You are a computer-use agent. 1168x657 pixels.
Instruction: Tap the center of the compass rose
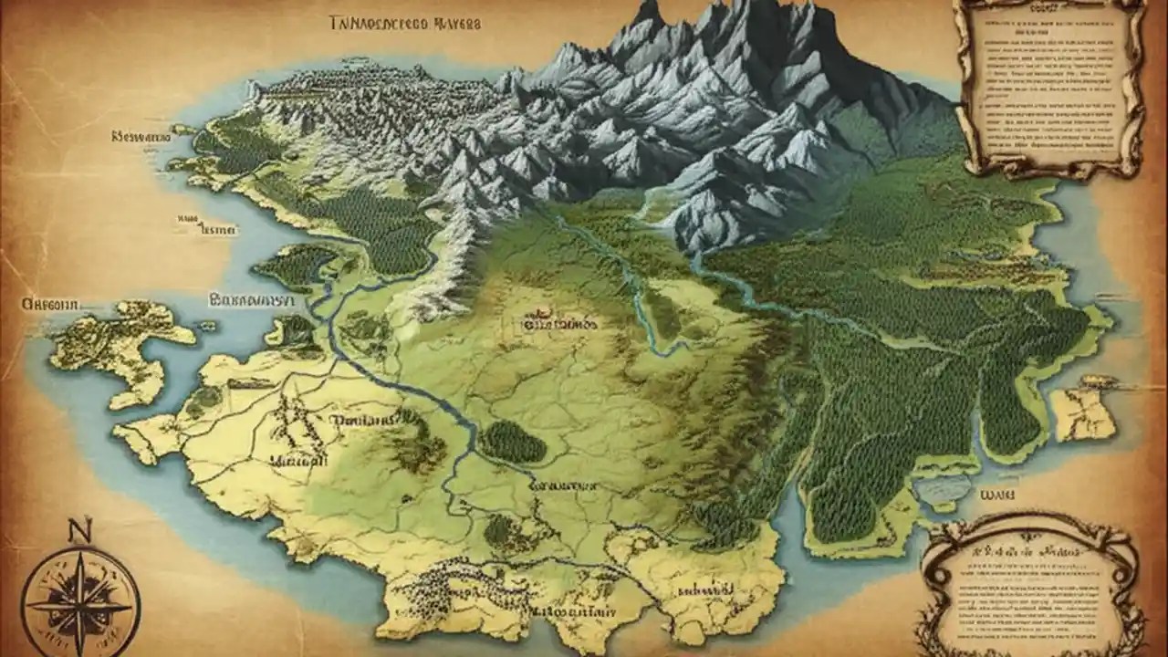tap(80, 602)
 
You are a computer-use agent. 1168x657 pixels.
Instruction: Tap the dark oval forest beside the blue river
tap(512, 441)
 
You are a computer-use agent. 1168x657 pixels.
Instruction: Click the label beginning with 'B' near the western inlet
tap(252, 298)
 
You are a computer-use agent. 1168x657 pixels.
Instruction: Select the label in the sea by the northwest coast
tap(141, 138)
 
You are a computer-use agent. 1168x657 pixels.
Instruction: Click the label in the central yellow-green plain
tap(560, 323)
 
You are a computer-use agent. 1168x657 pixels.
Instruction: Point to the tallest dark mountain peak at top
tap(649, 13)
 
